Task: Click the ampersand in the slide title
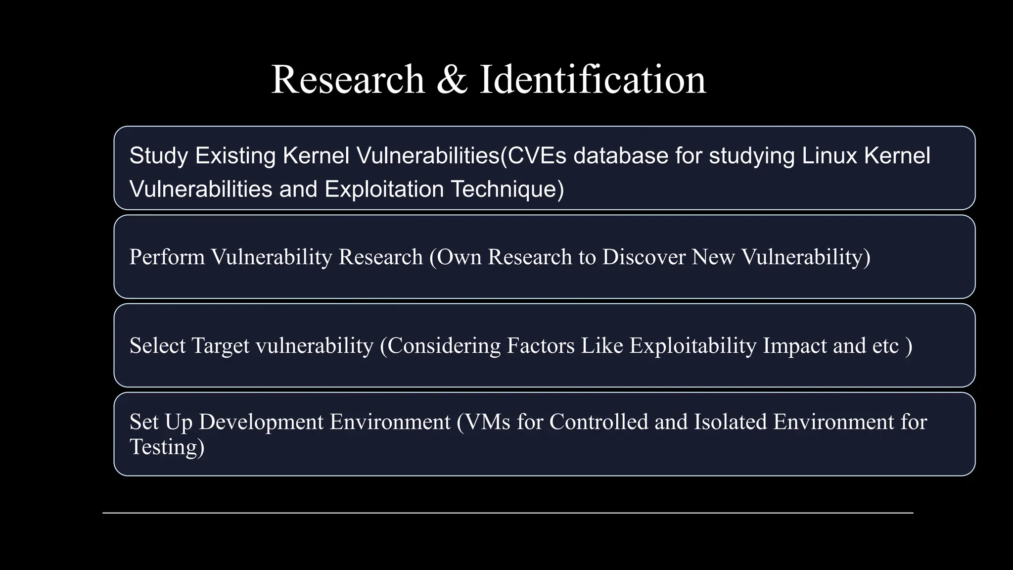pos(452,80)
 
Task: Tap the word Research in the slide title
pos(348,80)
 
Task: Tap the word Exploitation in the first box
pos(384,190)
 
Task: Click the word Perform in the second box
pos(167,257)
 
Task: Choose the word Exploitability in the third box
pos(693,346)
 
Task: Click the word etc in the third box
pos(885,346)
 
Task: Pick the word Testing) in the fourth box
pos(167,447)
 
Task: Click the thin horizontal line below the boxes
pos(507,513)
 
